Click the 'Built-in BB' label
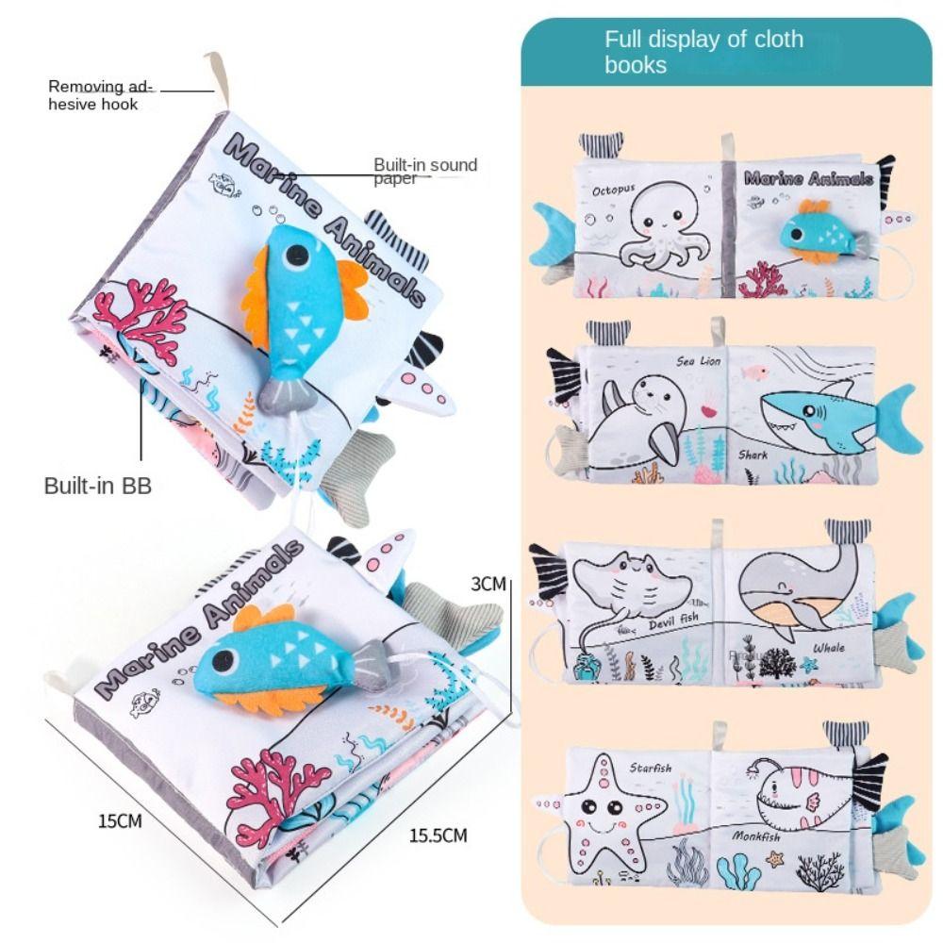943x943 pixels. pyautogui.click(x=98, y=487)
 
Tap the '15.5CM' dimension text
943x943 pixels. pyautogui.click(x=438, y=834)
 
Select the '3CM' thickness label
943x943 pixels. pyautogui.click(x=488, y=584)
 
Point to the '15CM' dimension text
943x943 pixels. pyautogui.click(x=120, y=820)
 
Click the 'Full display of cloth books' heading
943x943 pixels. pyautogui.click(x=703, y=52)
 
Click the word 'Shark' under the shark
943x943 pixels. pyautogui.click(x=753, y=455)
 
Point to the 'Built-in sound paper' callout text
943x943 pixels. pyautogui.click(x=425, y=170)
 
